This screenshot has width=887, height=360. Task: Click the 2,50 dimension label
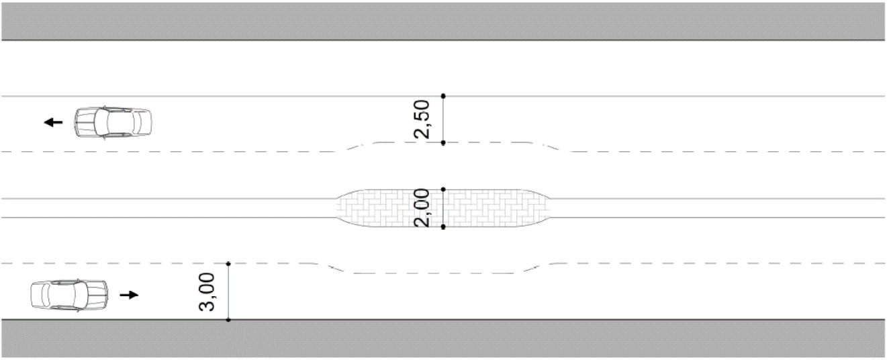pos(421,119)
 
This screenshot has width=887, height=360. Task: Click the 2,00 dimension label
pos(421,208)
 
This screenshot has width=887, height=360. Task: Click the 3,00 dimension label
pos(206,292)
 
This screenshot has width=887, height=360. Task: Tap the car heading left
pos(113,122)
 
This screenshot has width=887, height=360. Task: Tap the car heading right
pos(69,295)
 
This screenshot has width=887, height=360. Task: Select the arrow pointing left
pos(53,122)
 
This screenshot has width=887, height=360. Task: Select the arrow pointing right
pos(129,295)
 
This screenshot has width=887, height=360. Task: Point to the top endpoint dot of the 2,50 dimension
pos(443,96)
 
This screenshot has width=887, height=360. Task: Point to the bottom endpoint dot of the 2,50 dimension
pos(443,142)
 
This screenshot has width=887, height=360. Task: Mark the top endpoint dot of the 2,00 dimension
pos(443,189)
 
